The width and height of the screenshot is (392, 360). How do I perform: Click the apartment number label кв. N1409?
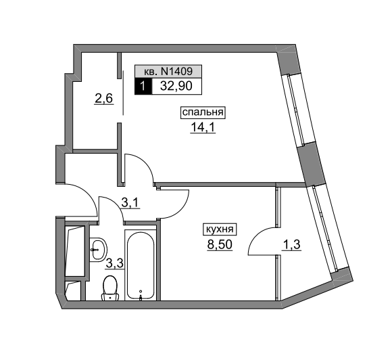(x=168, y=72)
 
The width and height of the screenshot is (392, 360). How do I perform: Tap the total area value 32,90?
(x=176, y=86)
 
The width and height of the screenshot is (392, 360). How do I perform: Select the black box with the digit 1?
(x=143, y=86)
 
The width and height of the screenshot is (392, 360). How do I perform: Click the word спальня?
(x=203, y=112)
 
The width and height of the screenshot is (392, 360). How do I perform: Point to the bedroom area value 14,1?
(x=203, y=127)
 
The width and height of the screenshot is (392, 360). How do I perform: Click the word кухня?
(x=219, y=229)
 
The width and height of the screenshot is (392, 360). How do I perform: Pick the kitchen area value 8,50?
(x=220, y=244)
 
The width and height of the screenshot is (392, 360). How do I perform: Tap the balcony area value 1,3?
(x=291, y=245)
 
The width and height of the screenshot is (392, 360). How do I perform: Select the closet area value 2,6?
(x=104, y=99)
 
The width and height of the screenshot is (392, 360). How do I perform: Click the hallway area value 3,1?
(x=130, y=203)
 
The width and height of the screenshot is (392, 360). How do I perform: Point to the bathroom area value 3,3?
(x=115, y=263)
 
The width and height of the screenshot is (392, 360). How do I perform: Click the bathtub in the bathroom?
(x=141, y=266)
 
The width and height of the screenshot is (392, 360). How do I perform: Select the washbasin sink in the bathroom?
(x=98, y=250)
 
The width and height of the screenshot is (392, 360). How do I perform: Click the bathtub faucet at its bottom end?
(x=141, y=298)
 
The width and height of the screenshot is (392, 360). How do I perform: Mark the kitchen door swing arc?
(x=180, y=208)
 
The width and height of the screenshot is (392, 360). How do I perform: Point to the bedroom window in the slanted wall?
(x=296, y=109)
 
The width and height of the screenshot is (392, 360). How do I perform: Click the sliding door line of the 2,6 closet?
(x=123, y=93)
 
